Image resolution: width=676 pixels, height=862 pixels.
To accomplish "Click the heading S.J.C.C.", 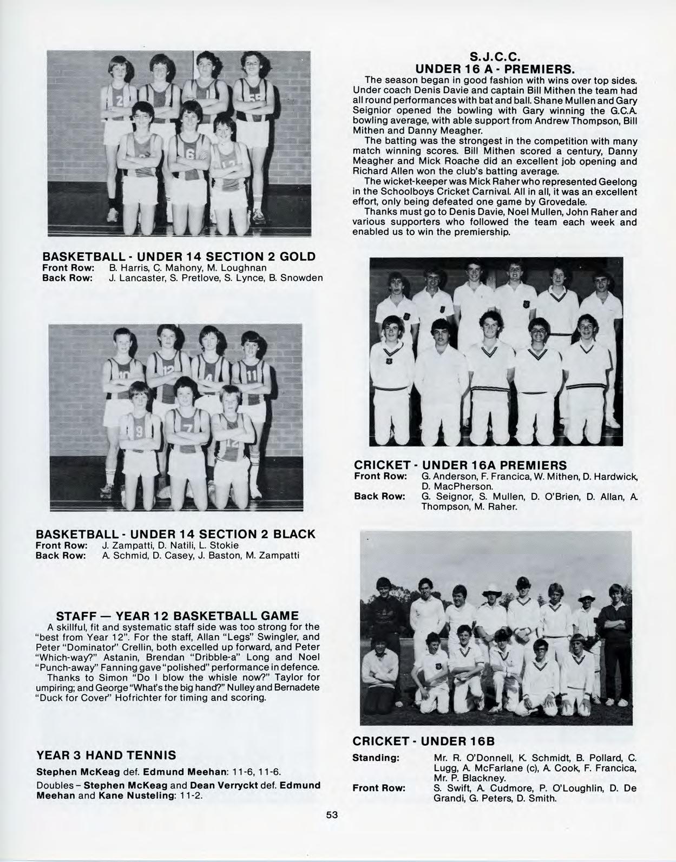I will click(494, 57).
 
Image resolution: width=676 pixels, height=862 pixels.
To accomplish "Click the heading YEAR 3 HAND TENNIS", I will click(106, 755).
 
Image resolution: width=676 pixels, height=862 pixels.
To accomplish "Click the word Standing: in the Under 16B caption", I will click(376, 758).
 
